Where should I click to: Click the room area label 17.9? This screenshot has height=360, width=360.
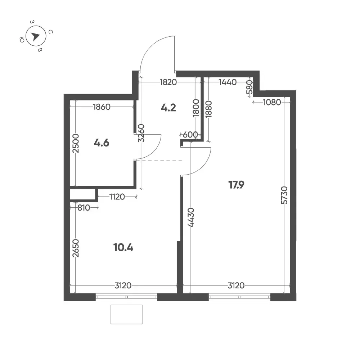point(236,185)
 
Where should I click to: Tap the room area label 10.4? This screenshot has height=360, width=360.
point(123,248)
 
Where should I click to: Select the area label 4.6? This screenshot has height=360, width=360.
point(102,143)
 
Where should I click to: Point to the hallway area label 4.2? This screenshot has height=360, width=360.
point(168,108)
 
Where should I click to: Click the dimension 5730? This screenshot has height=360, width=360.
point(284,195)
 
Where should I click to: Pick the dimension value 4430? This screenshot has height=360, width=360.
point(191,217)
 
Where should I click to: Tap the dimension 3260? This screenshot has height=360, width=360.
point(141,133)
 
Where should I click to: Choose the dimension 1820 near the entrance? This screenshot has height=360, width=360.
point(168,82)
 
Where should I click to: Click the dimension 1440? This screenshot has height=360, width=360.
point(228,82)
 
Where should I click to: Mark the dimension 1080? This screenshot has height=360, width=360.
point(272,102)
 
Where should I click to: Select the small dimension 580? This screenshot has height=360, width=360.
point(249,87)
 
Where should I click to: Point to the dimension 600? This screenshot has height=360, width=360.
point(190,135)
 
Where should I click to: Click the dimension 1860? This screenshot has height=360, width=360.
point(102,107)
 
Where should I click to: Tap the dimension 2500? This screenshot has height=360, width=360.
point(76,144)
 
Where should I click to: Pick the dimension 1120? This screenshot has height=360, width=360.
point(117,197)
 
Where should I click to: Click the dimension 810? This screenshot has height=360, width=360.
point(84,208)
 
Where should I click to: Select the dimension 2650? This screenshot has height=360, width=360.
point(76,248)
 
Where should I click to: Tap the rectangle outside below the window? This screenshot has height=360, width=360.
point(126,315)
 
